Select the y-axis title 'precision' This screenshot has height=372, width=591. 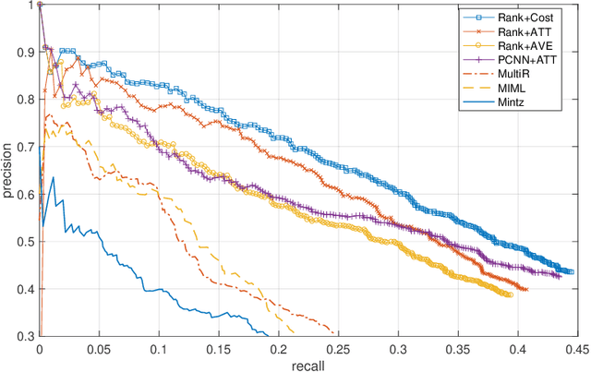tap(8, 171)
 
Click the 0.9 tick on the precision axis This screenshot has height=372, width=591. tap(22, 52)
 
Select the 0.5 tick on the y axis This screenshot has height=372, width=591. tap(22, 242)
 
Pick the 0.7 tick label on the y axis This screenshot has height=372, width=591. tap(22, 147)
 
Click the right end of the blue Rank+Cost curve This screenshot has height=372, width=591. tap(572, 272)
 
